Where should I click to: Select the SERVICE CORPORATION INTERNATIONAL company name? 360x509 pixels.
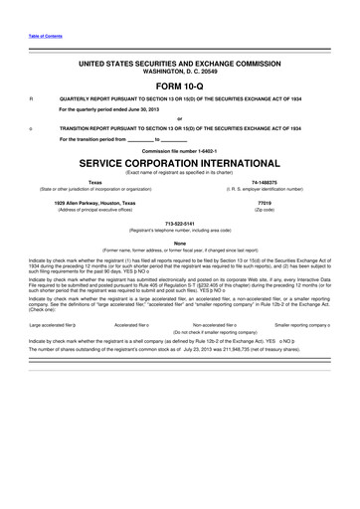click(180, 160)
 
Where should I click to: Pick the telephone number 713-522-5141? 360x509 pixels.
click(180, 224)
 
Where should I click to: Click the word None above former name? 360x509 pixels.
click(180, 243)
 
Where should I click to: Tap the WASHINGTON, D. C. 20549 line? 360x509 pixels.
click(180, 72)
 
